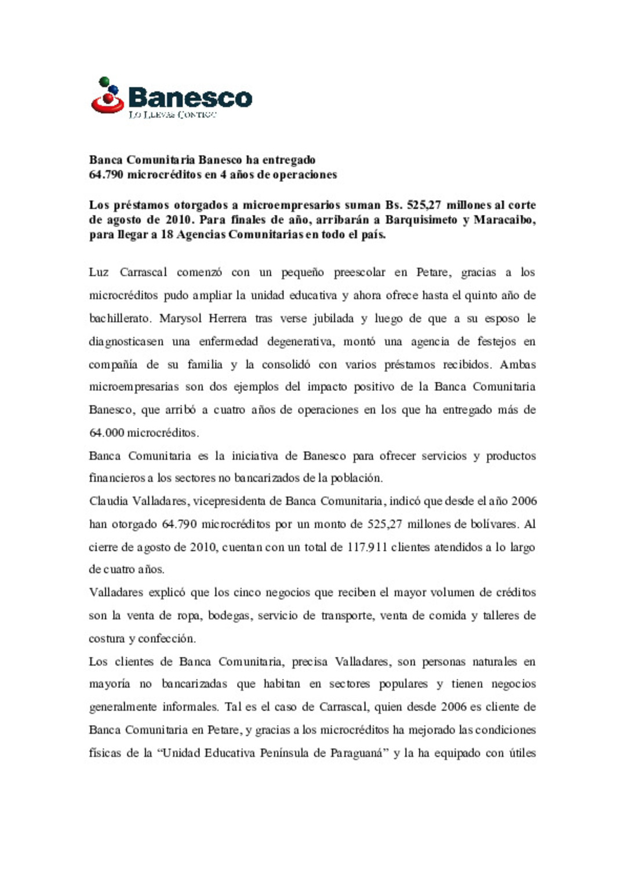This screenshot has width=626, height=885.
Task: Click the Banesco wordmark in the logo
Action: pyautogui.click(x=190, y=97)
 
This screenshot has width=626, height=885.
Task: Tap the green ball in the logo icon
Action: pyautogui.click(x=104, y=82)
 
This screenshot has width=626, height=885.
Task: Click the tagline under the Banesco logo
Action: pyautogui.click(x=172, y=115)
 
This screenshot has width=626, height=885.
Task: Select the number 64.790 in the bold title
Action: pyautogui.click(x=106, y=175)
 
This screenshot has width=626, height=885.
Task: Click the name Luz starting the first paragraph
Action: pyautogui.click(x=99, y=272)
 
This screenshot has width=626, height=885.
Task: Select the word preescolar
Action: pyautogui.click(x=359, y=272)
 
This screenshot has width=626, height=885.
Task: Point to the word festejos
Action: pyautogui.click(x=497, y=342)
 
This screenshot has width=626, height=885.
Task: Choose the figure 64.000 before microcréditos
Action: pyautogui.click(x=106, y=433)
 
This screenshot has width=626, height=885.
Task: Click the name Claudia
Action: pyautogui.click(x=108, y=501)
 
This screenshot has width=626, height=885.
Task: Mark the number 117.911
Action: pyautogui.click(x=367, y=547)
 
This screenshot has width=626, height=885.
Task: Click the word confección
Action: pyautogui.click(x=167, y=639)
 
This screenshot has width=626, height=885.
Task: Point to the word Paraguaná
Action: pyautogui.click(x=357, y=754)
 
